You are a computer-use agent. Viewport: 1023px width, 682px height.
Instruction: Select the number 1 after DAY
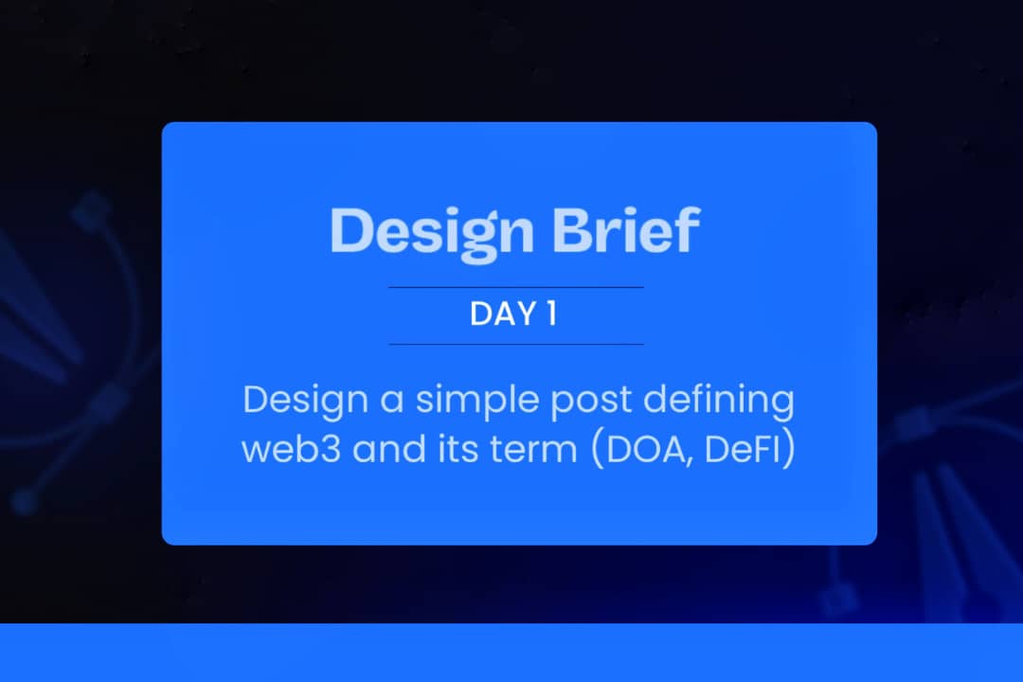[551, 314]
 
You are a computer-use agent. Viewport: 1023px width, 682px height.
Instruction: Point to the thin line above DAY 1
[516, 286]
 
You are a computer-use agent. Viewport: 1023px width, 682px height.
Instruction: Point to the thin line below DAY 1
[516, 344]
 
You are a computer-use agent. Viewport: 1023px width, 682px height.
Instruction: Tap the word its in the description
[463, 448]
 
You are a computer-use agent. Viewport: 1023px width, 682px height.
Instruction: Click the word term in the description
[535, 448]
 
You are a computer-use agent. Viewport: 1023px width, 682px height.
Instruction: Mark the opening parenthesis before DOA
[597, 449]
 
